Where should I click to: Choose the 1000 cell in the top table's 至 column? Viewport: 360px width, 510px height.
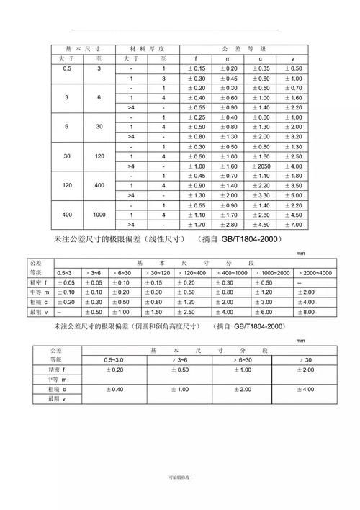tap(99, 215)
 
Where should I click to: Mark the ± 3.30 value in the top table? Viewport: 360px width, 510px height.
tap(261, 195)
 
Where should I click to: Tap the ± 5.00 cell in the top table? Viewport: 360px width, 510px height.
tap(292, 195)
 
